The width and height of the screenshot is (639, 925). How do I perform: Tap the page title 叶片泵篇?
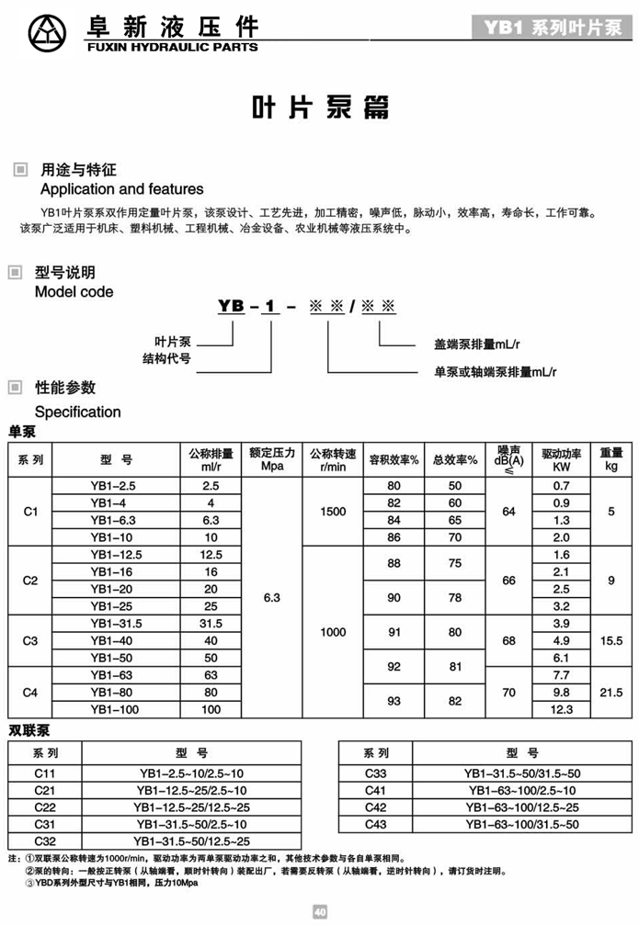[319, 107]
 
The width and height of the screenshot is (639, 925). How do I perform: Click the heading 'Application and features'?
[121, 189]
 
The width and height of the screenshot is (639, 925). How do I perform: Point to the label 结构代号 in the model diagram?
[166, 358]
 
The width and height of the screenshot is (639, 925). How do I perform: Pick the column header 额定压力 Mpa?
[272, 458]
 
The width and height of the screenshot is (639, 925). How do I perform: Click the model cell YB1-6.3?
[113, 519]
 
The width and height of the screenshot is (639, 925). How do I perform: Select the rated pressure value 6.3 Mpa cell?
[272, 598]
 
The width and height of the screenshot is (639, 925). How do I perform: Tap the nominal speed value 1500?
[333, 511]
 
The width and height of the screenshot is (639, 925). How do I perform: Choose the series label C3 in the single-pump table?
[30, 641]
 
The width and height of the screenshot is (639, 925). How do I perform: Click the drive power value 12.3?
[562, 709]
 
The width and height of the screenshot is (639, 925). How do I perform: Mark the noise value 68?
[508, 641]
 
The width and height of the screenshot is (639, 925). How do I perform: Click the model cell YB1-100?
[117, 709]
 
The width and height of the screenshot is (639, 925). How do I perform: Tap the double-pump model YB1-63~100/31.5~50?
[520, 824]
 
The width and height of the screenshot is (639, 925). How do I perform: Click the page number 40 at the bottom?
[319, 912]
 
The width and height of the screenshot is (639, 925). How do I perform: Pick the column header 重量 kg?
[610, 458]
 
